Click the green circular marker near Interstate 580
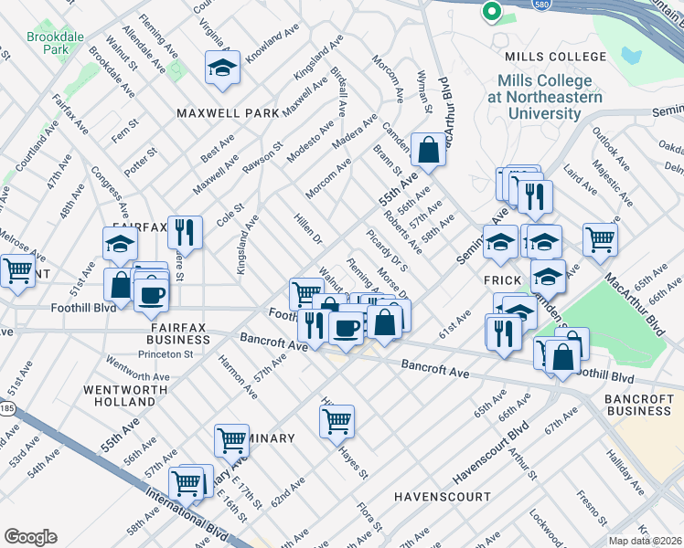[x=491, y=12]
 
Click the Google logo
[x=30, y=537]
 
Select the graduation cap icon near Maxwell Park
[x=222, y=68]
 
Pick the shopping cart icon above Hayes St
[x=337, y=421]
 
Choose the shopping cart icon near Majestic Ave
[x=600, y=238]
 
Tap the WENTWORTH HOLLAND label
[x=120, y=395]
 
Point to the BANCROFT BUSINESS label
[x=637, y=405]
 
